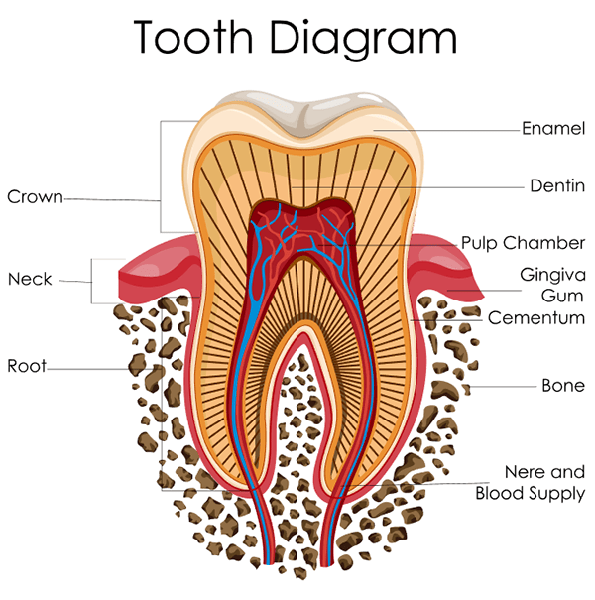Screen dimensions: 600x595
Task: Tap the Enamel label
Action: (553, 129)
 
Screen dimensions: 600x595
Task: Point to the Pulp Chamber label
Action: (523, 243)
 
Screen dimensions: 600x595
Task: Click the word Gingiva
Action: (552, 274)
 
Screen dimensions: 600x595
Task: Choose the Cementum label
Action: (536, 318)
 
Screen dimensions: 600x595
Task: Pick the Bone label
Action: (562, 385)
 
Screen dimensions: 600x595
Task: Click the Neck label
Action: (30, 279)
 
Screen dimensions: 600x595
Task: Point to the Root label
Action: (27, 366)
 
